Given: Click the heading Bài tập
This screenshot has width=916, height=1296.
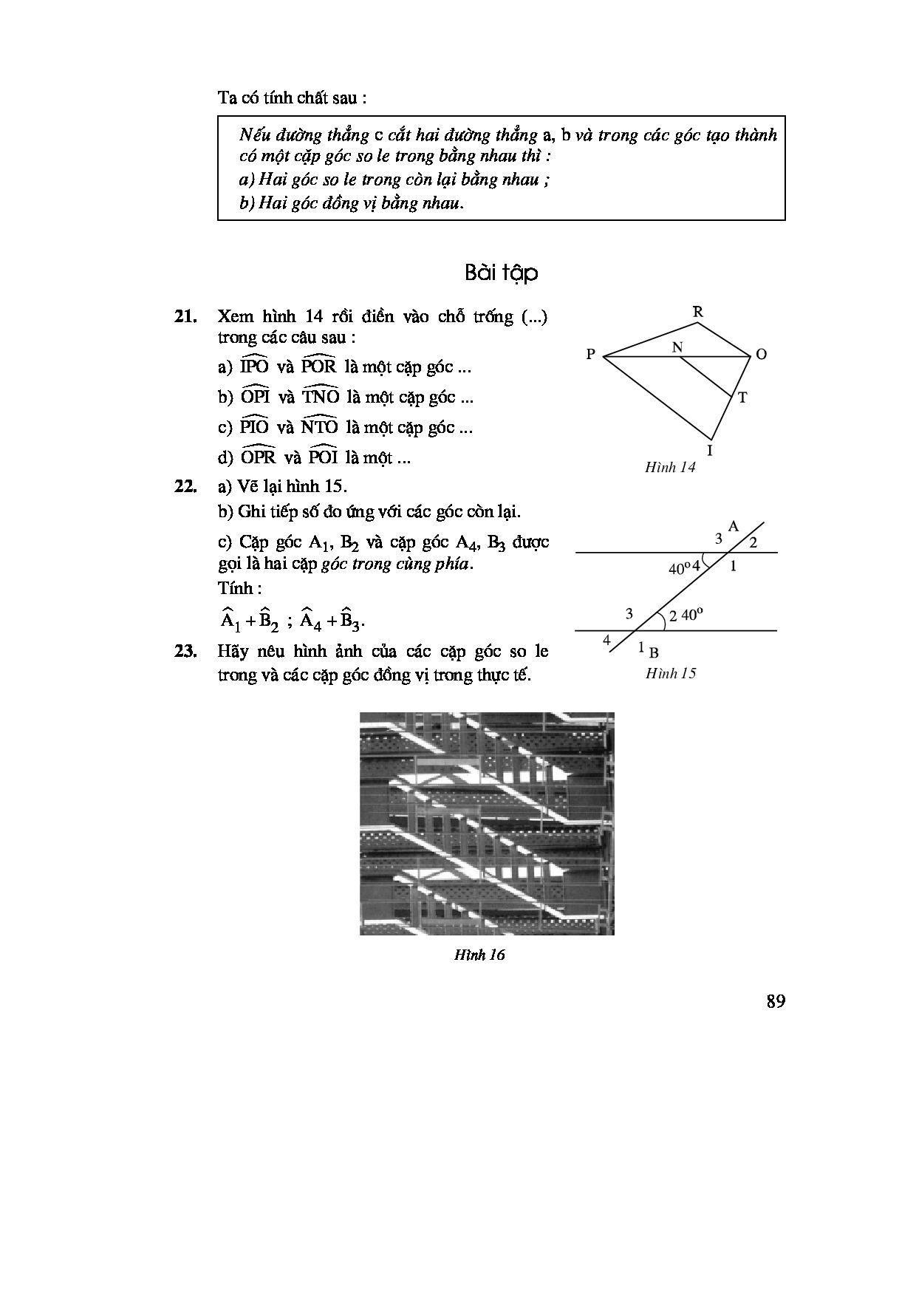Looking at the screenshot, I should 501,273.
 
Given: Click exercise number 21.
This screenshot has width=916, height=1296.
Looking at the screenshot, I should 185,317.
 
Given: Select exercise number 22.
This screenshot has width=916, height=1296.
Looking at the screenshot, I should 185,486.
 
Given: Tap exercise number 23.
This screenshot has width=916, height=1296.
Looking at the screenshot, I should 185,652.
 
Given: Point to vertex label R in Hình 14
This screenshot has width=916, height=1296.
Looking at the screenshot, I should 697,313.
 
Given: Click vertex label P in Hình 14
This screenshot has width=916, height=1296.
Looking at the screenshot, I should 590,355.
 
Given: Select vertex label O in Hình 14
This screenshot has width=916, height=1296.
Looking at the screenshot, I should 762,355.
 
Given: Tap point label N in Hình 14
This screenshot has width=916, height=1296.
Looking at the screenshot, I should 677,347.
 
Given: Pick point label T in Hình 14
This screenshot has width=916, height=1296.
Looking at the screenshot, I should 742,398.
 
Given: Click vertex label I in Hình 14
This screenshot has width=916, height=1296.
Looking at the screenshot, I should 710,449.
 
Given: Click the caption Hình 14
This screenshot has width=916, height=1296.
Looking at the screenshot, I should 670,468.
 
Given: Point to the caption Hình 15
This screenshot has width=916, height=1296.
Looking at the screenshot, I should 670,673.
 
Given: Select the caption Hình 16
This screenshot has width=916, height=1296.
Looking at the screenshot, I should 479,955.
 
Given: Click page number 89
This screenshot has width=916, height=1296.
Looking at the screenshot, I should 775,1001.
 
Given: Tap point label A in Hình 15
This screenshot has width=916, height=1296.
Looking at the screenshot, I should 734,526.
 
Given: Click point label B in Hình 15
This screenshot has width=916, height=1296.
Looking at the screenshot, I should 654,652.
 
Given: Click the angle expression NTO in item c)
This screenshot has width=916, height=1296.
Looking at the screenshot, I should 319,426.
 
